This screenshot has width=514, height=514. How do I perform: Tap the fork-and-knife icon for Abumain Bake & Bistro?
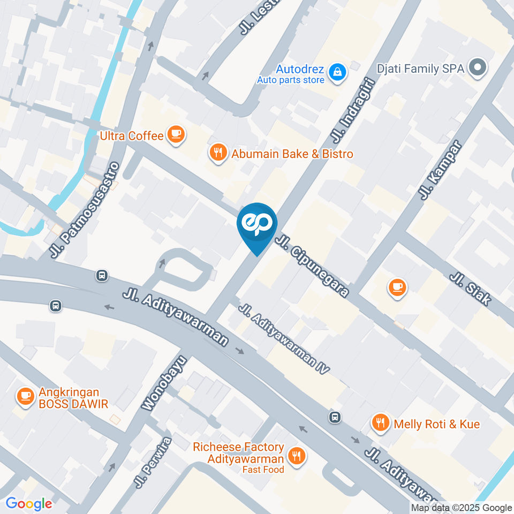click(217, 153)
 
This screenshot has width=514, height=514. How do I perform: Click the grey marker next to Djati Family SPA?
click(476, 68)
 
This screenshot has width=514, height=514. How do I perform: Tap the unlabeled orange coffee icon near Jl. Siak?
click(397, 288)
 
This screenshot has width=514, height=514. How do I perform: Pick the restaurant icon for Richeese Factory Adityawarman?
click(296, 456)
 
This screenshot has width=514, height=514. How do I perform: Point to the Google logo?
click(28, 504)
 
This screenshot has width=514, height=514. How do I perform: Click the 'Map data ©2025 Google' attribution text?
click(462, 508)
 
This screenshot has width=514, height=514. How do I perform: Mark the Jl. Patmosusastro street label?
click(84, 210)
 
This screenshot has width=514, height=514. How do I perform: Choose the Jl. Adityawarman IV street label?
click(284, 338)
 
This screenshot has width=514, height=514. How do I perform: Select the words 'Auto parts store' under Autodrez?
click(290, 80)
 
